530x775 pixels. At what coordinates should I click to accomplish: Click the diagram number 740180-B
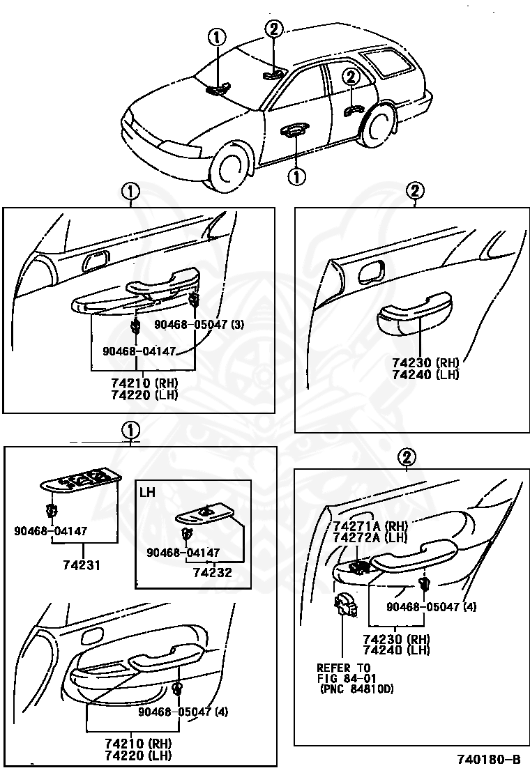488,759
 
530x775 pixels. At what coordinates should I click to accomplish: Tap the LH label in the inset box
147,491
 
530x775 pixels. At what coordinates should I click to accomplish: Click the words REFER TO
344,668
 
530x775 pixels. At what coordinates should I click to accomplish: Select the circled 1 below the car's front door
297,177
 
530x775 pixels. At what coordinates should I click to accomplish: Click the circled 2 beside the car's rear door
350,77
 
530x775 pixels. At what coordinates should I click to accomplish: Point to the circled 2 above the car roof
273,29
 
